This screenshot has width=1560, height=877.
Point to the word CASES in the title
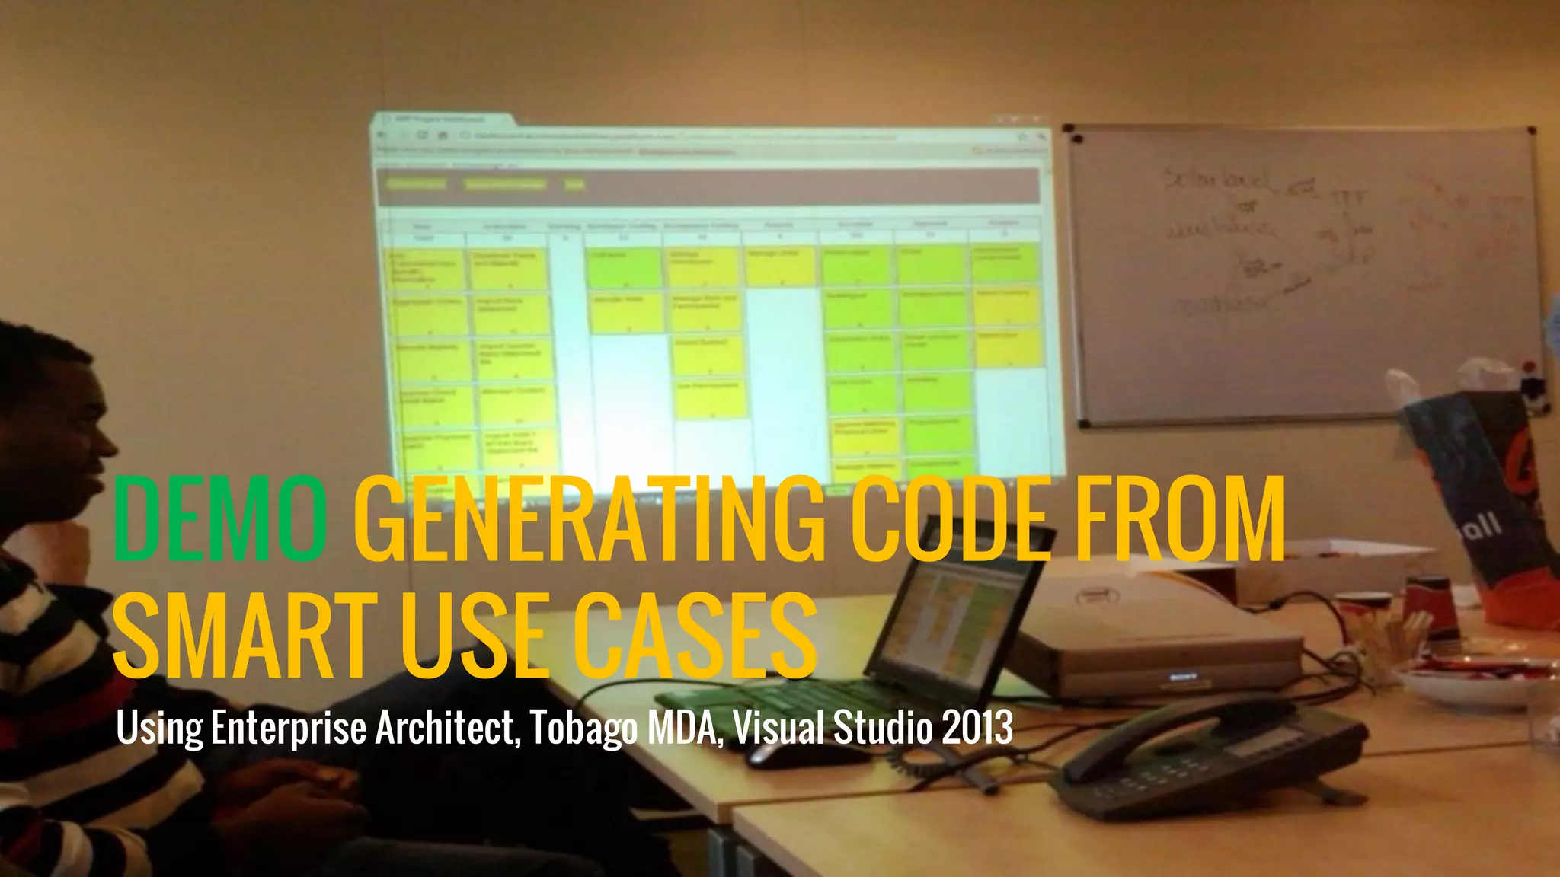point(695,636)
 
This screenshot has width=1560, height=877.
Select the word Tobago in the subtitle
point(583,729)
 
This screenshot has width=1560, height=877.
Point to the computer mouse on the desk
point(792,754)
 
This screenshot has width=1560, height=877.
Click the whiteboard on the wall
point(1303,274)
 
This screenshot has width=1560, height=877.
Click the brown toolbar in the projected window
point(708,185)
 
